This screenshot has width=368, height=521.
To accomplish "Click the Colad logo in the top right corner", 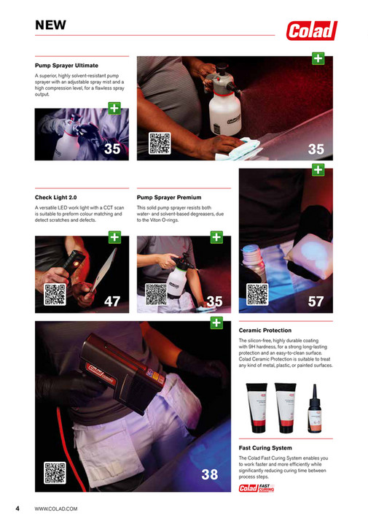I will tap(311, 30).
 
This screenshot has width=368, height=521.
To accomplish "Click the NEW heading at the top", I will tap(51, 25).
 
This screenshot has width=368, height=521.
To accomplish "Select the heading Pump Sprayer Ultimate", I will tap(66, 66).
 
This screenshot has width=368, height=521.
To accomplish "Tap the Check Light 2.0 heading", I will tap(56, 198).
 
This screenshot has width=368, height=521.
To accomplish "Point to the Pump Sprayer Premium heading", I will tap(169, 198).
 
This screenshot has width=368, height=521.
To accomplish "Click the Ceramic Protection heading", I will tap(265, 331).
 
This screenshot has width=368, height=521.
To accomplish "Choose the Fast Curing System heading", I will tap(266, 448).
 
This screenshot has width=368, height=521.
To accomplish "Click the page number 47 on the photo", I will tap(112, 301).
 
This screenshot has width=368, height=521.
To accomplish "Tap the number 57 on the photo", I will tap(316, 301).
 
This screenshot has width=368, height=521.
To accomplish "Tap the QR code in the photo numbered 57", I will tap(258, 294).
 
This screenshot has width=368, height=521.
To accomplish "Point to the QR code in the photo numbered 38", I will tap(55, 473).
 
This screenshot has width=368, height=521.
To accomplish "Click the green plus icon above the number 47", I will tap(114, 237).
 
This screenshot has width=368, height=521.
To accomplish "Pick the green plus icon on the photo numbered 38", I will tap(216, 322).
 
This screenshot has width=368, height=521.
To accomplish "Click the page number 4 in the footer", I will tap(17, 508).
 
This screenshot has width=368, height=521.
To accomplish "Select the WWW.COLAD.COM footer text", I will tap(56, 508).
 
